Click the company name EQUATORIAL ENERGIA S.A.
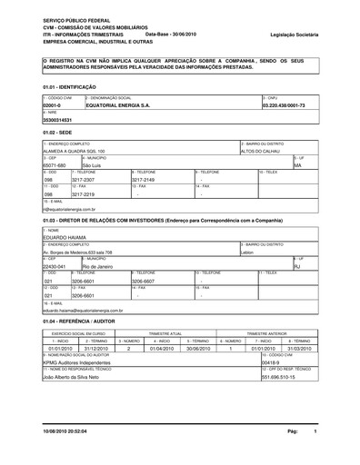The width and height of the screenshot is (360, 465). click(118, 105)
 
